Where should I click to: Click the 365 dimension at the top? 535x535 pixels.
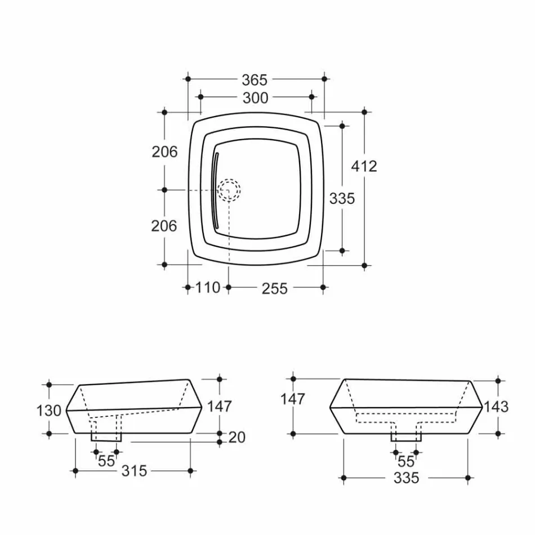pos(255,80)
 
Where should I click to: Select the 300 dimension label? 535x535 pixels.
pos(255,98)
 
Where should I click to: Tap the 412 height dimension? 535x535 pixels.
pos(364,166)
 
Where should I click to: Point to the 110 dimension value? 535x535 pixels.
pos(208,288)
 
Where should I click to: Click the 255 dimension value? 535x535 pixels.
pos(275,289)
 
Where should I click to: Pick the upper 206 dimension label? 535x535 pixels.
pos(164,151)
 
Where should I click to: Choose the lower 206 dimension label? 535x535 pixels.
pos(164,226)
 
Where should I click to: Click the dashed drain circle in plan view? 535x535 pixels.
pos(229,190)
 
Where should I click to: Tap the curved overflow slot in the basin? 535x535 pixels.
pos(215,190)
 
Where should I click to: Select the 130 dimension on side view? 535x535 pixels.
pos(49,411)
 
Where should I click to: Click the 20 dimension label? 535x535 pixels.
pos(237,437)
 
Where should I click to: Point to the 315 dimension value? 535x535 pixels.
pos(134,471)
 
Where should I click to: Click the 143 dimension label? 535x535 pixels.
pos(496,407)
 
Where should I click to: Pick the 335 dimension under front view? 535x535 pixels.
pos(407,478)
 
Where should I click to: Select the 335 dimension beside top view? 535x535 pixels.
pos(342,198)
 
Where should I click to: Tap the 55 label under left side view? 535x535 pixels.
pos(106,461)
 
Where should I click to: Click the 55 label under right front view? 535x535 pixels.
pos(406,461)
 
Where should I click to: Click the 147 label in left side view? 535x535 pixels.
pos(219,406)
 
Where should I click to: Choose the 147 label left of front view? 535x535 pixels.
pos(293,399)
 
